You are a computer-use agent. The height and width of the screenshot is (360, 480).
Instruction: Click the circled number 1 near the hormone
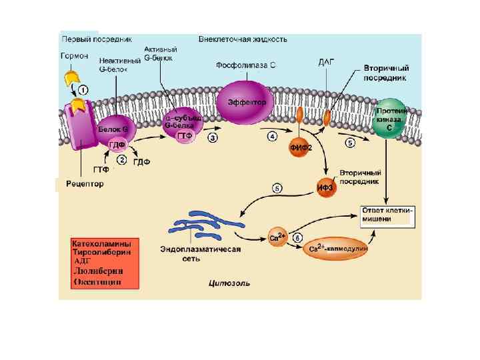click(x=83, y=88)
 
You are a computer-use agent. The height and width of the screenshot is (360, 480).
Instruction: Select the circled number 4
click(x=272, y=136)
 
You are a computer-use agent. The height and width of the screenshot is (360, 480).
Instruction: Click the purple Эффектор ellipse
click(x=245, y=103)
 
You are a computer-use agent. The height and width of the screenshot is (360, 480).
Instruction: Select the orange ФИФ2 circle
click(x=300, y=148)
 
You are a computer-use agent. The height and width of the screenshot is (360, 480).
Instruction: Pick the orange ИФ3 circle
click(x=325, y=187)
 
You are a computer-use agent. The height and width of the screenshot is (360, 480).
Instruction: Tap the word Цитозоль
click(x=230, y=282)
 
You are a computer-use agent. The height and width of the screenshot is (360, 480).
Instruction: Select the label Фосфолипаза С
click(x=246, y=65)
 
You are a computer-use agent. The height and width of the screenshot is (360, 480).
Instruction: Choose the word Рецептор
click(x=85, y=183)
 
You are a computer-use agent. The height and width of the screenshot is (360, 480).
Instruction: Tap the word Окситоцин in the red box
click(x=96, y=282)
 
